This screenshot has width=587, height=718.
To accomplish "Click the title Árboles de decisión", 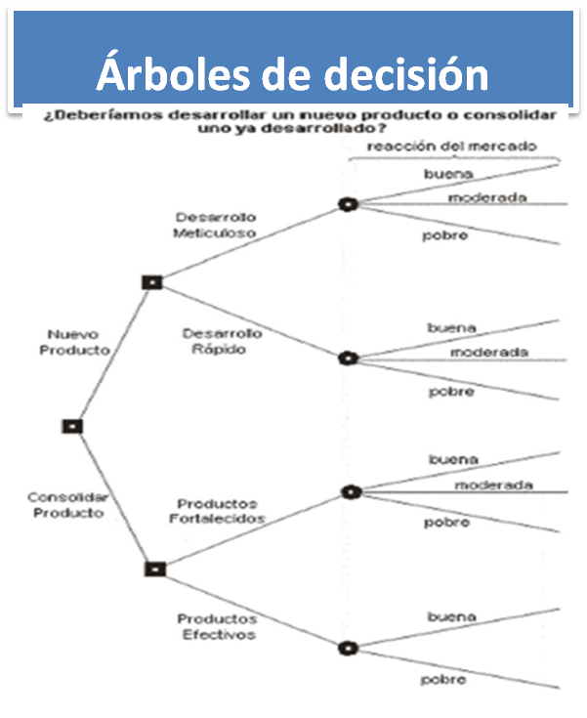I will tap(292, 74).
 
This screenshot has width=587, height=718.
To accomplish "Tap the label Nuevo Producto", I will tap(75, 342).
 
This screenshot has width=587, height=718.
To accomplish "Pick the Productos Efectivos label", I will tap(217, 626).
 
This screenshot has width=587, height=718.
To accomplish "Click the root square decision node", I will tap(72, 426).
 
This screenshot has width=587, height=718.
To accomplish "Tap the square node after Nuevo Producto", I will tap(151, 282).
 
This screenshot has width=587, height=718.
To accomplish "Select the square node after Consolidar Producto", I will tap(153, 569).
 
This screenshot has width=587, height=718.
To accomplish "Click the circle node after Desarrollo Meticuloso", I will tap(347, 205).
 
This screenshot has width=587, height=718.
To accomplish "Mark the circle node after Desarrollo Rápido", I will tap(347, 359).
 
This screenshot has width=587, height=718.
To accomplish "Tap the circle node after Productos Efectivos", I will tap(347, 648).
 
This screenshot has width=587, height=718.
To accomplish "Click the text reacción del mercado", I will tap(453, 147).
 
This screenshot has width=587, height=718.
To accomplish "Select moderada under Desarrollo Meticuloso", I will tap(487, 197).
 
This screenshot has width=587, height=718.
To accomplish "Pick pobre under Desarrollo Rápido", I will tap(451, 392).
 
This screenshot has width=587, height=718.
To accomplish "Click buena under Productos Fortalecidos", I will tap(453, 459).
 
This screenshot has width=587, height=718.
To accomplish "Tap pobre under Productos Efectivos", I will tap(443, 679).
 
